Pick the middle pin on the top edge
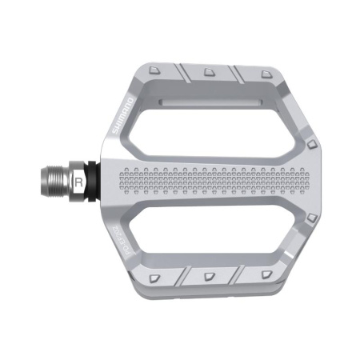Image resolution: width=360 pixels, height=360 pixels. click(x=210, y=70)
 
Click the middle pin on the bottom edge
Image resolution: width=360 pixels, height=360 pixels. click(x=209, y=277)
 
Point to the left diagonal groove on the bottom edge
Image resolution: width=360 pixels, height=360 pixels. click(x=183, y=277)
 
